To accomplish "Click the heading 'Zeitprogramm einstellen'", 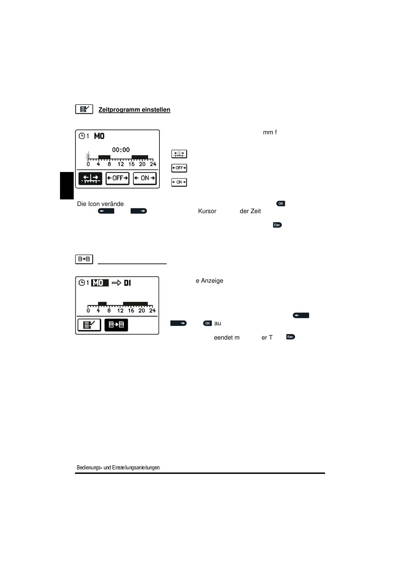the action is point(134,110).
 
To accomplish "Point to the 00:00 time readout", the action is point(121,150).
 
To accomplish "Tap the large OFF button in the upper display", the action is point(117,178).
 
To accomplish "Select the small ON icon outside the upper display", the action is point(179,182).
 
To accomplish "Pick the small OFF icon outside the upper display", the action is point(179,168).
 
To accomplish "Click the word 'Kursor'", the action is point(207,211).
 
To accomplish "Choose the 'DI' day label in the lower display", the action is point(127,283).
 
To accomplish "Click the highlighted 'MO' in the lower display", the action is point(99,283).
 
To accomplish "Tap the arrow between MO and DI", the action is point(117,283).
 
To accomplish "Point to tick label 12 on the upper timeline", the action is point(121,164).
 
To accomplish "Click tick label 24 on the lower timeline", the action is point(152,311).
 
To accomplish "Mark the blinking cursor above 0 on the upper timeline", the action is point(88,156).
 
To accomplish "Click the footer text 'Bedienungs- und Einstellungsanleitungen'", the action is point(118,468).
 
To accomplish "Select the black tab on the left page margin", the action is point(67,185).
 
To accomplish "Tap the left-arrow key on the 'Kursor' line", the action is point(106,211).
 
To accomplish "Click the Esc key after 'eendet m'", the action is point(290,337).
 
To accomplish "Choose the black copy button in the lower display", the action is point(116,325).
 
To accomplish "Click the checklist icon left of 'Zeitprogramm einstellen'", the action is point(84,109).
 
